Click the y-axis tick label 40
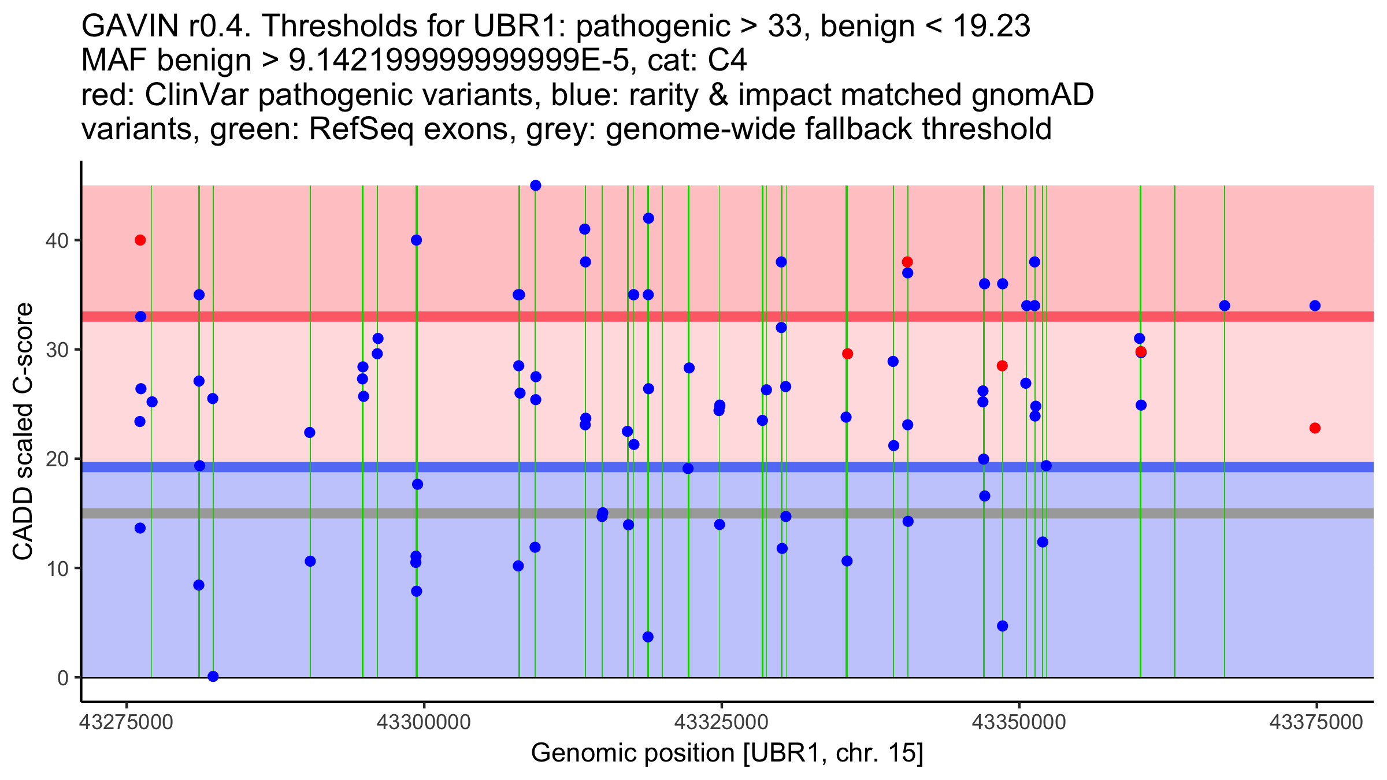point(57,240)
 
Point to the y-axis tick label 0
point(62,678)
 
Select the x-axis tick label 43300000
point(424,722)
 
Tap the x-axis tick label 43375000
point(1316,722)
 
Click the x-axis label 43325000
point(721,722)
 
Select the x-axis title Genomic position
point(726,753)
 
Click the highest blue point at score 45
point(536,185)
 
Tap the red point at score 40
point(140,240)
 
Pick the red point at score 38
point(907,262)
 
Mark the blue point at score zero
point(213,677)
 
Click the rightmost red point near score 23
point(1315,428)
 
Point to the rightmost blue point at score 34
point(1315,306)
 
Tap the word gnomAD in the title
point(1032,95)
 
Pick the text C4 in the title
point(727,60)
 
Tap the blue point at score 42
point(648,218)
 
